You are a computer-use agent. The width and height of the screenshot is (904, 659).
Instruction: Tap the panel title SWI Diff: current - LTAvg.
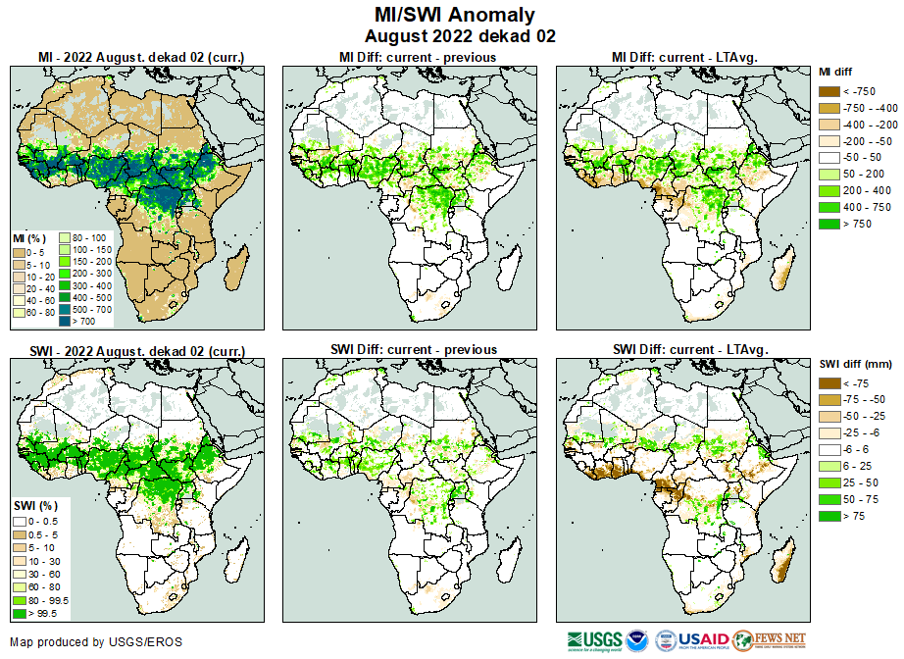pos(689,349)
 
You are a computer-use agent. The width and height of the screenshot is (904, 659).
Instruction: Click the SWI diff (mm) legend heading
pos(853,365)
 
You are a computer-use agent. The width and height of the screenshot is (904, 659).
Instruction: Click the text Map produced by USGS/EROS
pos(95,642)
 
